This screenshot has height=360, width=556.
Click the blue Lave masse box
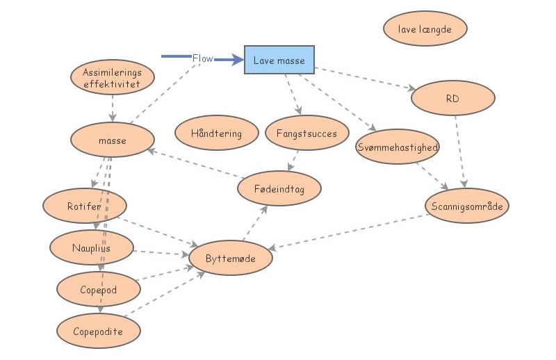pyautogui.click(x=279, y=60)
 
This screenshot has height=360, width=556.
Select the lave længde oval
pyautogui.click(x=425, y=29)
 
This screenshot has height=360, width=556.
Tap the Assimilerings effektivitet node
pyautogui.click(x=111, y=78)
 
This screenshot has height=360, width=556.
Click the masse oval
pyautogui.click(x=112, y=140)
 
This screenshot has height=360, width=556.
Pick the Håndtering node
pyautogui.click(x=216, y=133)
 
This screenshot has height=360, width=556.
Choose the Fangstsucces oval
pyautogui.click(x=306, y=133)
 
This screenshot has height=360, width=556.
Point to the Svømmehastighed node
pyautogui.click(x=397, y=147)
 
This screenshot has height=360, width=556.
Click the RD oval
pyautogui.click(x=452, y=99)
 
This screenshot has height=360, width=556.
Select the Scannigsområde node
pyautogui.click(x=466, y=206)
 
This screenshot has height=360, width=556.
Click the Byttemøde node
pyautogui.click(x=230, y=259)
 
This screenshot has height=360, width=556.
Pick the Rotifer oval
pyautogui.click(x=84, y=206)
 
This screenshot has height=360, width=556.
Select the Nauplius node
pyautogui.click(x=91, y=247)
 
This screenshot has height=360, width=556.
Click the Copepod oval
pyautogui.click(x=98, y=290)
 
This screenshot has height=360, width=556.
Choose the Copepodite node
pyautogui.click(x=98, y=332)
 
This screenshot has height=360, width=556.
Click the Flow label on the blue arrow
pyautogui.click(x=202, y=59)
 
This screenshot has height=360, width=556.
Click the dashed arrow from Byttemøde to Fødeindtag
pyautogui.click(x=255, y=224)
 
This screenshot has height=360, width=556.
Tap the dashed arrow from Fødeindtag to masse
pyautogui.click(x=195, y=163)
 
